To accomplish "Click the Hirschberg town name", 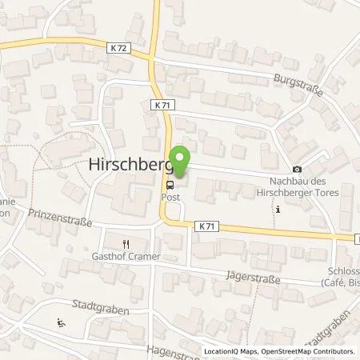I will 131,166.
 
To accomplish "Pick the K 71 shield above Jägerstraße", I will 202,227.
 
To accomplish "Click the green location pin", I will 180,162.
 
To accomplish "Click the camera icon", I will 298,169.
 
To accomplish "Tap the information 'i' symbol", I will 278,210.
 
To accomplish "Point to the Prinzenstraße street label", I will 61,214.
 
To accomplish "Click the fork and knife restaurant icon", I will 126,244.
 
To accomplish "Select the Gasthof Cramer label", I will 126,256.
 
